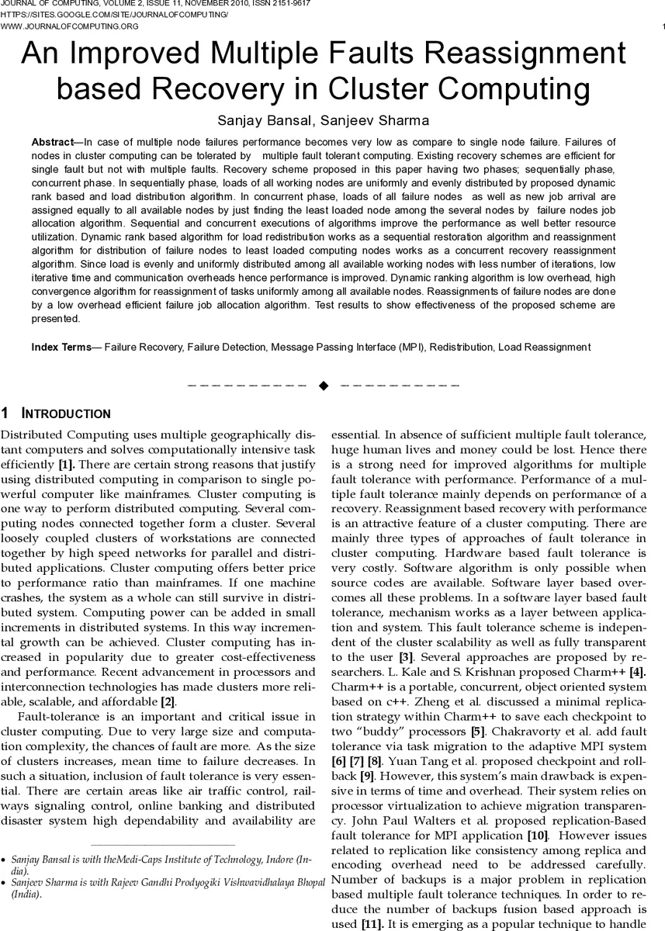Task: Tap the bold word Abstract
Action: tap(54, 143)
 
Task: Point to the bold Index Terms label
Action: tap(61, 348)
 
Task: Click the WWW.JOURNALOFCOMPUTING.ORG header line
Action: tap(70, 26)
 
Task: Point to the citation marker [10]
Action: tap(537, 836)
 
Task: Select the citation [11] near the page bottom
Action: tap(371, 925)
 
